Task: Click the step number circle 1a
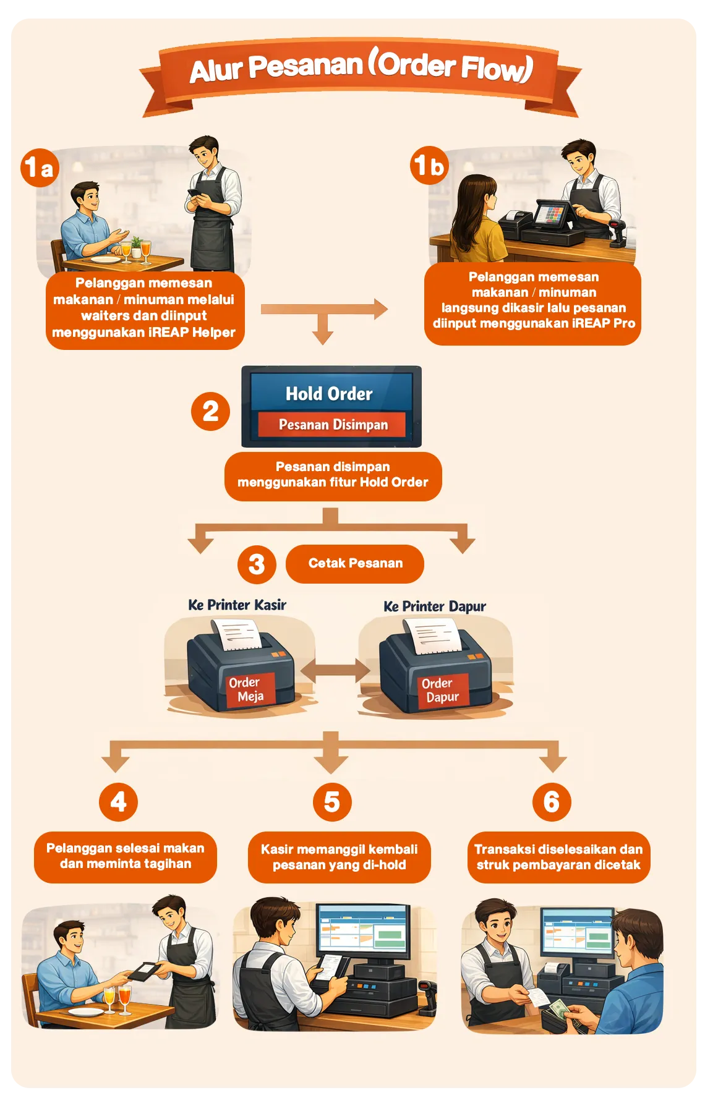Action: click(40, 167)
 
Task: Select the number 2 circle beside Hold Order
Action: click(210, 411)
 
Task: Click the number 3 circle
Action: click(257, 564)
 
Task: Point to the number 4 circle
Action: click(118, 802)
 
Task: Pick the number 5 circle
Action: click(332, 802)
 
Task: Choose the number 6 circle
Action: click(552, 802)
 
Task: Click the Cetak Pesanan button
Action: click(355, 563)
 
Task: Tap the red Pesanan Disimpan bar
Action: click(333, 425)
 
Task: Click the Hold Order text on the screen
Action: click(329, 394)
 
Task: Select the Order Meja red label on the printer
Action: click(247, 689)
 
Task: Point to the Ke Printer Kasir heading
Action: click(237, 605)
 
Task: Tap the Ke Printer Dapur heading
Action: click(435, 606)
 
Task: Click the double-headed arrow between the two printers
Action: click(336, 670)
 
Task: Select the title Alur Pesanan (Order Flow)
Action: click(361, 67)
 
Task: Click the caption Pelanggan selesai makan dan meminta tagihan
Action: click(126, 856)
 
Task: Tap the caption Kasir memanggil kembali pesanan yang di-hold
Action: click(340, 857)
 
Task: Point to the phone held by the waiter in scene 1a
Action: click(195, 193)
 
